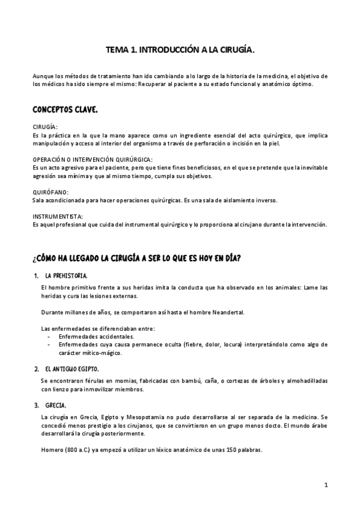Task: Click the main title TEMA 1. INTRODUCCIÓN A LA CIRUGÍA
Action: [x=180, y=52]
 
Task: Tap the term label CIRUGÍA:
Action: [x=45, y=127]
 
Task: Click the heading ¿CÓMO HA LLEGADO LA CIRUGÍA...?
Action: [x=138, y=258]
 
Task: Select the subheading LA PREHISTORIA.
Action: [x=67, y=275]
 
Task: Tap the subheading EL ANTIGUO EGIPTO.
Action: [x=72, y=368]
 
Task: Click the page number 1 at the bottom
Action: [x=325, y=485]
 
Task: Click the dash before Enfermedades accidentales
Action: [x=48, y=337]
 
